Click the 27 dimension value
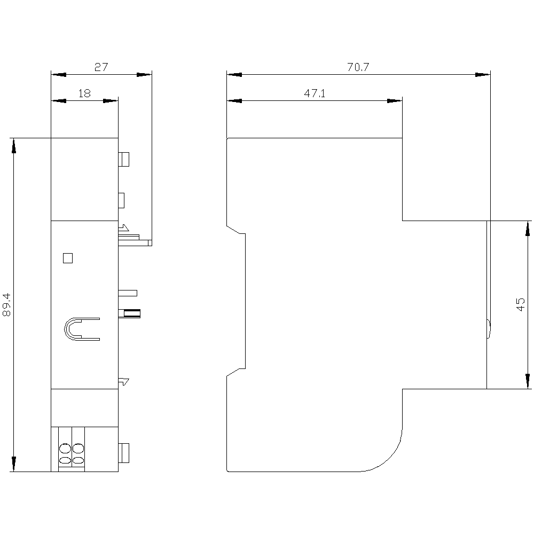pos(101,67)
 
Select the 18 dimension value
pos(84,93)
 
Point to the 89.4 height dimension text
pos(7,305)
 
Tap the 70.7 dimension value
pos(358,67)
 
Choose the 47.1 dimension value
pos(315,93)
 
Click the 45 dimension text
pos(520,304)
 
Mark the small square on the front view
pos(68,258)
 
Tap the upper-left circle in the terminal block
pos(65,448)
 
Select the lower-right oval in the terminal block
pos(78,460)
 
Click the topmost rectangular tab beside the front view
pos(124,159)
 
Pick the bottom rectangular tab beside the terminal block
pos(124,453)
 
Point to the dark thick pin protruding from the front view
pos(129,313)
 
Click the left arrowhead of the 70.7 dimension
pos(234,75)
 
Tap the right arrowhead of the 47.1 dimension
pos(395,101)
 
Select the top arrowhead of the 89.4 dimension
pos(14,146)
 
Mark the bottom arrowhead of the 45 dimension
pos(528,381)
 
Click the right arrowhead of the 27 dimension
pos(144,75)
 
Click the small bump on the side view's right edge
pos(489,328)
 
